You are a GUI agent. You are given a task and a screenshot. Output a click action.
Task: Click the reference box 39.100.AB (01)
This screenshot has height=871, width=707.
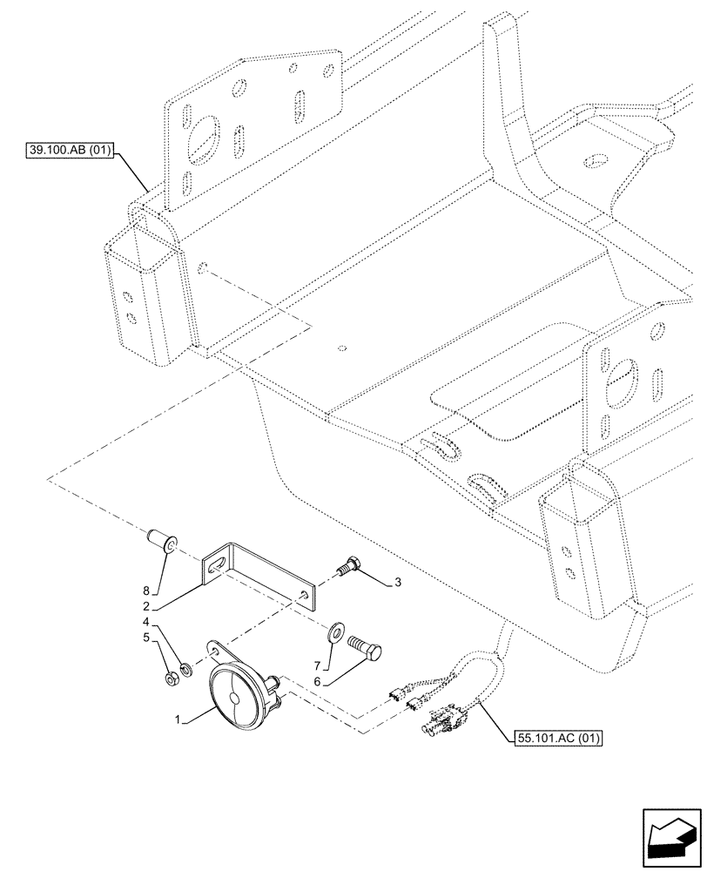click(70, 151)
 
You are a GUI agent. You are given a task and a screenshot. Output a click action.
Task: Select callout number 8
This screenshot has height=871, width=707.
click(145, 590)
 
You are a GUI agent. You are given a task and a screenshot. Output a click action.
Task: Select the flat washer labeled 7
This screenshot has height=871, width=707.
click(336, 630)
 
